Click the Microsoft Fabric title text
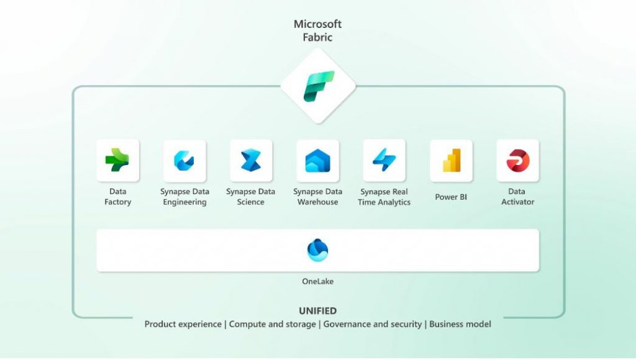click(x=317, y=31)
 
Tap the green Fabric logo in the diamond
click(x=319, y=86)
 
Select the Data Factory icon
click(x=117, y=160)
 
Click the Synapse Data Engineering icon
click(x=184, y=161)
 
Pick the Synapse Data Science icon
click(x=251, y=160)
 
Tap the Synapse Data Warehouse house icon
click(x=317, y=161)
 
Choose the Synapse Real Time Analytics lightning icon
click(x=384, y=160)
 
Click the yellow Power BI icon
click(x=452, y=160)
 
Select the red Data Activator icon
click(x=518, y=161)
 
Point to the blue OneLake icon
click(x=317, y=250)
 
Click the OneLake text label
click(x=317, y=281)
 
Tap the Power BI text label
click(x=451, y=197)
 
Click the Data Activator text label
click(x=517, y=197)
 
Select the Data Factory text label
click(x=117, y=197)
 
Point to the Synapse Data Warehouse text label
click(x=317, y=197)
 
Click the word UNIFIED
click(x=317, y=311)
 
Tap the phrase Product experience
click(x=183, y=325)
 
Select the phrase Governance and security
click(x=373, y=325)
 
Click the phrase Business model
click(x=460, y=325)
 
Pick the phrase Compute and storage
click(x=272, y=325)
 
